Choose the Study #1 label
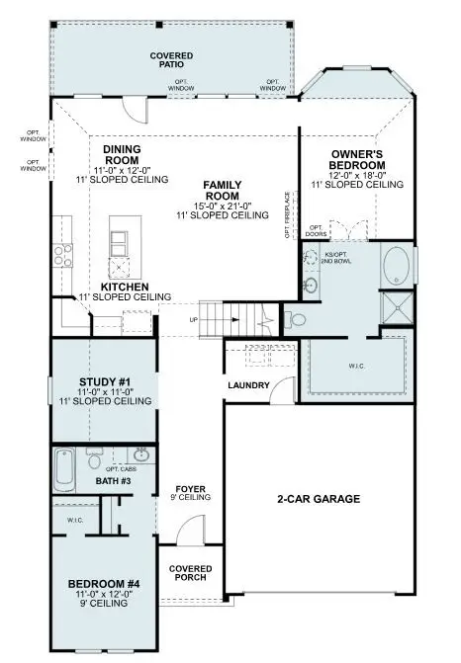(x=104, y=381)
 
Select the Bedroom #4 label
(x=104, y=584)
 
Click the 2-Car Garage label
(x=317, y=499)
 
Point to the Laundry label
(x=248, y=384)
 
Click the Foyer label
(x=190, y=489)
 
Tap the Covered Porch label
(x=190, y=574)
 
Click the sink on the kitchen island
(x=120, y=267)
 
